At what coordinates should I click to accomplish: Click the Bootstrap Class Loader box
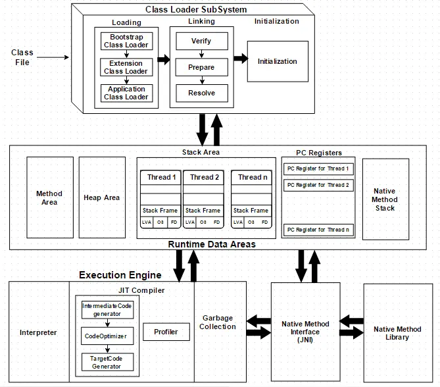(x=126, y=41)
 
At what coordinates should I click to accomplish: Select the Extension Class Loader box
(x=126, y=67)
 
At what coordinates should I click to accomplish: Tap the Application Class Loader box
(x=126, y=93)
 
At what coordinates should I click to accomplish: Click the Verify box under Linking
(x=201, y=41)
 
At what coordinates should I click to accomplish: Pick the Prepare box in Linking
(x=201, y=67)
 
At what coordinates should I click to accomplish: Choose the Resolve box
(x=201, y=93)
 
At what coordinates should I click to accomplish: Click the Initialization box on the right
(x=277, y=61)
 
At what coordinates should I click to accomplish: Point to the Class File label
(x=22, y=57)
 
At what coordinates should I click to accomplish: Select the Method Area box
(x=49, y=197)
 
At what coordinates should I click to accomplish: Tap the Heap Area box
(x=102, y=197)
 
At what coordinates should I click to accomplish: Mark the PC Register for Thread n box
(x=318, y=230)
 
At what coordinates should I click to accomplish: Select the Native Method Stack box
(x=385, y=199)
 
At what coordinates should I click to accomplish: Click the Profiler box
(x=166, y=332)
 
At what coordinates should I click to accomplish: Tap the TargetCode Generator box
(x=106, y=361)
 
